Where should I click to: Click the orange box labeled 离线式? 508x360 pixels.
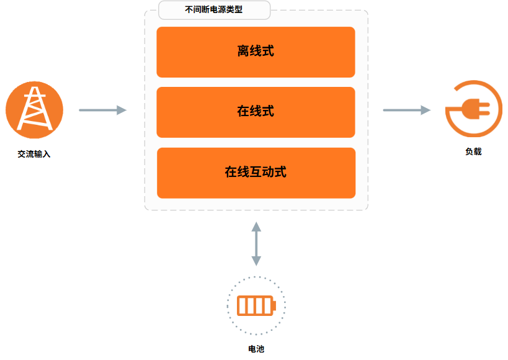tap(256, 52)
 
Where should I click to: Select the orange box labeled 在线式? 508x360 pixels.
tap(256, 112)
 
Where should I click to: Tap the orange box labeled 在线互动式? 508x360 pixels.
tap(256, 173)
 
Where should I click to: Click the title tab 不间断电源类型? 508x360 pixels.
tap(214, 10)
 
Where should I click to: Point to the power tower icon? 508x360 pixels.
tap(34, 110)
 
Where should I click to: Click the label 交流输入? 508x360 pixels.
tap(34, 154)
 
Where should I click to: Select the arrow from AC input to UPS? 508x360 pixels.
tap(103, 110)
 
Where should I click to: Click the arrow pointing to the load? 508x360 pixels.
tap(407, 110)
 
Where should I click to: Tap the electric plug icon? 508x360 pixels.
tap(476, 109)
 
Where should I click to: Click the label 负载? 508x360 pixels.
tap(473, 151)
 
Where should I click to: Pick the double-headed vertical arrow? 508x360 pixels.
tap(256, 244)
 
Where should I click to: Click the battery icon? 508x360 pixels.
tap(256, 305)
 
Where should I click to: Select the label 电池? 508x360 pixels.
tap(256, 349)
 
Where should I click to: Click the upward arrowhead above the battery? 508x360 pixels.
tap(256, 227)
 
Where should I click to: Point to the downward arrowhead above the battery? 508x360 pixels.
tap(256, 261)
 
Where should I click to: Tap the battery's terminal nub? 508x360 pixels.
tap(274, 305)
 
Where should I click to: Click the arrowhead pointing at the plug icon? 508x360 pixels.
tap(426, 110)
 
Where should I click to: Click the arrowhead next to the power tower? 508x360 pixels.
tap(122, 110)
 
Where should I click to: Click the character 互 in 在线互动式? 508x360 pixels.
tap(256, 172)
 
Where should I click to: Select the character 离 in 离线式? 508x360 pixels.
tap(243, 51)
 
